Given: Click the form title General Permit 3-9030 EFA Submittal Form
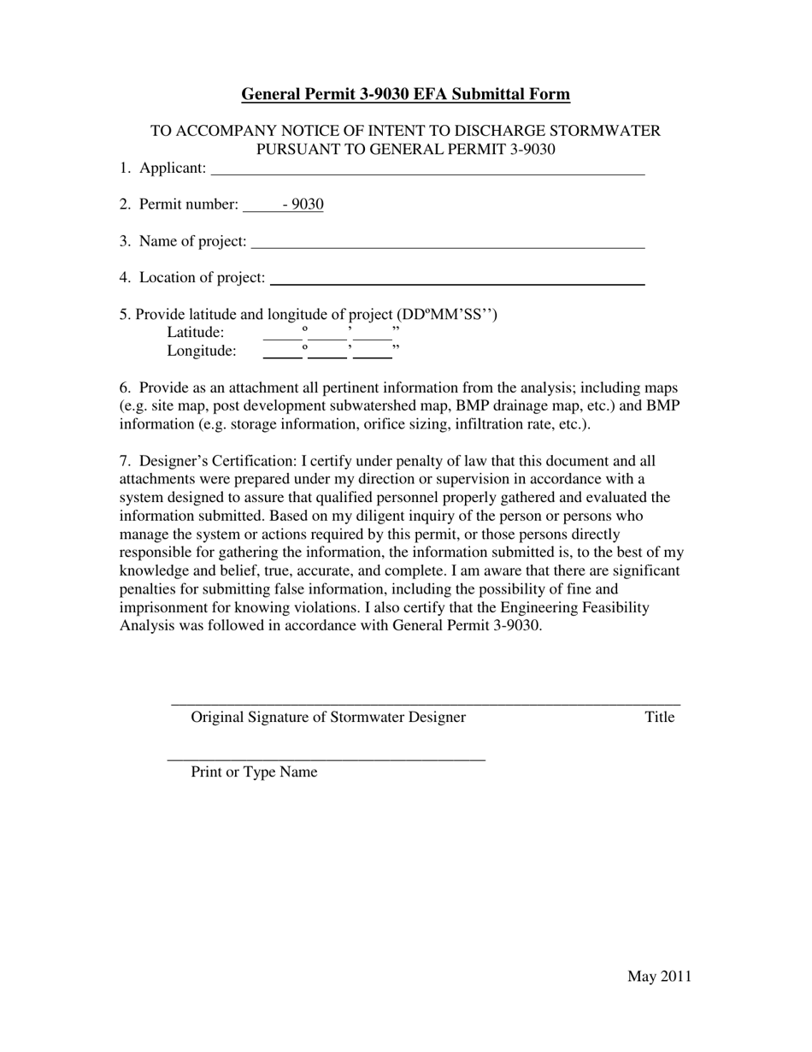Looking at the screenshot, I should click(x=405, y=94).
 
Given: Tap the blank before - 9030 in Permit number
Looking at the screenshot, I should click(x=262, y=206).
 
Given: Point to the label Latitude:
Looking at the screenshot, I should click(x=196, y=333).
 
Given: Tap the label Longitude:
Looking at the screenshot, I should click(x=202, y=351).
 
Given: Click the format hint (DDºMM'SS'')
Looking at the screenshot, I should click(x=447, y=314).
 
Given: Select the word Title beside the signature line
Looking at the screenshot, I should click(x=660, y=717).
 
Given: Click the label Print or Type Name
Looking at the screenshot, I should click(x=254, y=771).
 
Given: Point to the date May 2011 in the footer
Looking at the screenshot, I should click(x=659, y=977).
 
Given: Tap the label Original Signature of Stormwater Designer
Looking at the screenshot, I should click(x=328, y=717).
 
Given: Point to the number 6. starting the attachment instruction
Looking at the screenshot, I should click(x=125, y=387).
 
